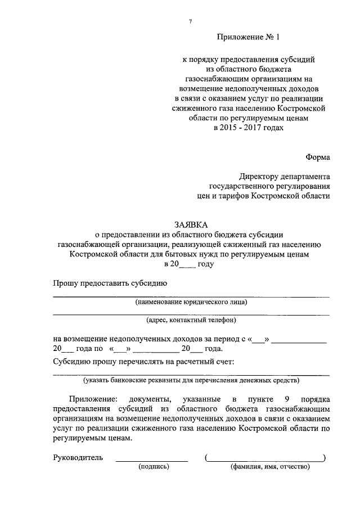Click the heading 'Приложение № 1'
[x=248, y=37]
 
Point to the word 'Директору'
[x=256, y=176]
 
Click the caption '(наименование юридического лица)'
[x=191, y=302]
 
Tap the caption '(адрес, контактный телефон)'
[x=191, y=321]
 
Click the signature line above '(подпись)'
[x=152, y=460]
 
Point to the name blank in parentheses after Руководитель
[x=265, y=458]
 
